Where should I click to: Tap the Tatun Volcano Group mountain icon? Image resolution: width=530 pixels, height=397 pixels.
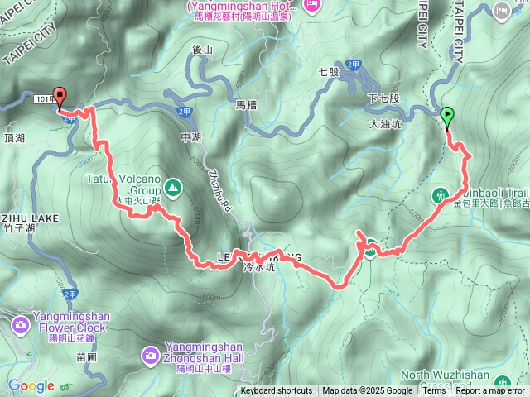click(173, 189)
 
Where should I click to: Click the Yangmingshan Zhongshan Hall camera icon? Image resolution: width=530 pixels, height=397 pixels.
click(150, 356)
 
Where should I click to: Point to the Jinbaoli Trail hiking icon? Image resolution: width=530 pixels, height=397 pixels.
click(441, 196)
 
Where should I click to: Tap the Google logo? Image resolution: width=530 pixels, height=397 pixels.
click(31, 385)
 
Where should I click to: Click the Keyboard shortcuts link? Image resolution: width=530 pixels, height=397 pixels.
click(277, 391)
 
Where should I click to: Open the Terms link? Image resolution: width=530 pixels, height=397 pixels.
click(434, 391)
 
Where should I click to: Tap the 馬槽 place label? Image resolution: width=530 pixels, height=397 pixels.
click(248, 105)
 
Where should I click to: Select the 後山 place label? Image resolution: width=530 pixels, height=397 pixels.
click(203, 50)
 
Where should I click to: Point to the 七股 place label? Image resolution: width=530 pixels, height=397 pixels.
click(329, 72)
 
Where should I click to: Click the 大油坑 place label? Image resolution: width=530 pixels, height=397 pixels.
click(385, 125)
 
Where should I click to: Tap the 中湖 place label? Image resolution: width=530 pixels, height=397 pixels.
click(190, 138)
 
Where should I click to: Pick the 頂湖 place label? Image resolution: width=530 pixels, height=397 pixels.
click(16, 137)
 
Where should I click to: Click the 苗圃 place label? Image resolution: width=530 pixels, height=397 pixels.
click(87, 357)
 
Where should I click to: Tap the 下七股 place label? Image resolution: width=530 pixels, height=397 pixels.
click(383, 98)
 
